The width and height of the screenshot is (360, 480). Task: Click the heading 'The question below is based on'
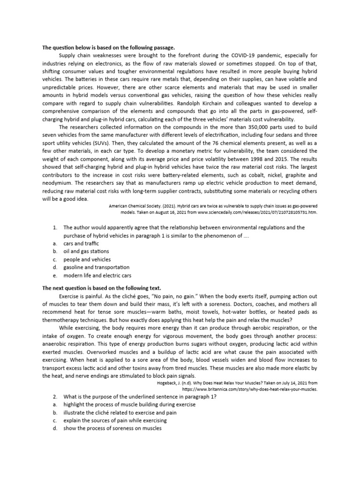108,47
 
